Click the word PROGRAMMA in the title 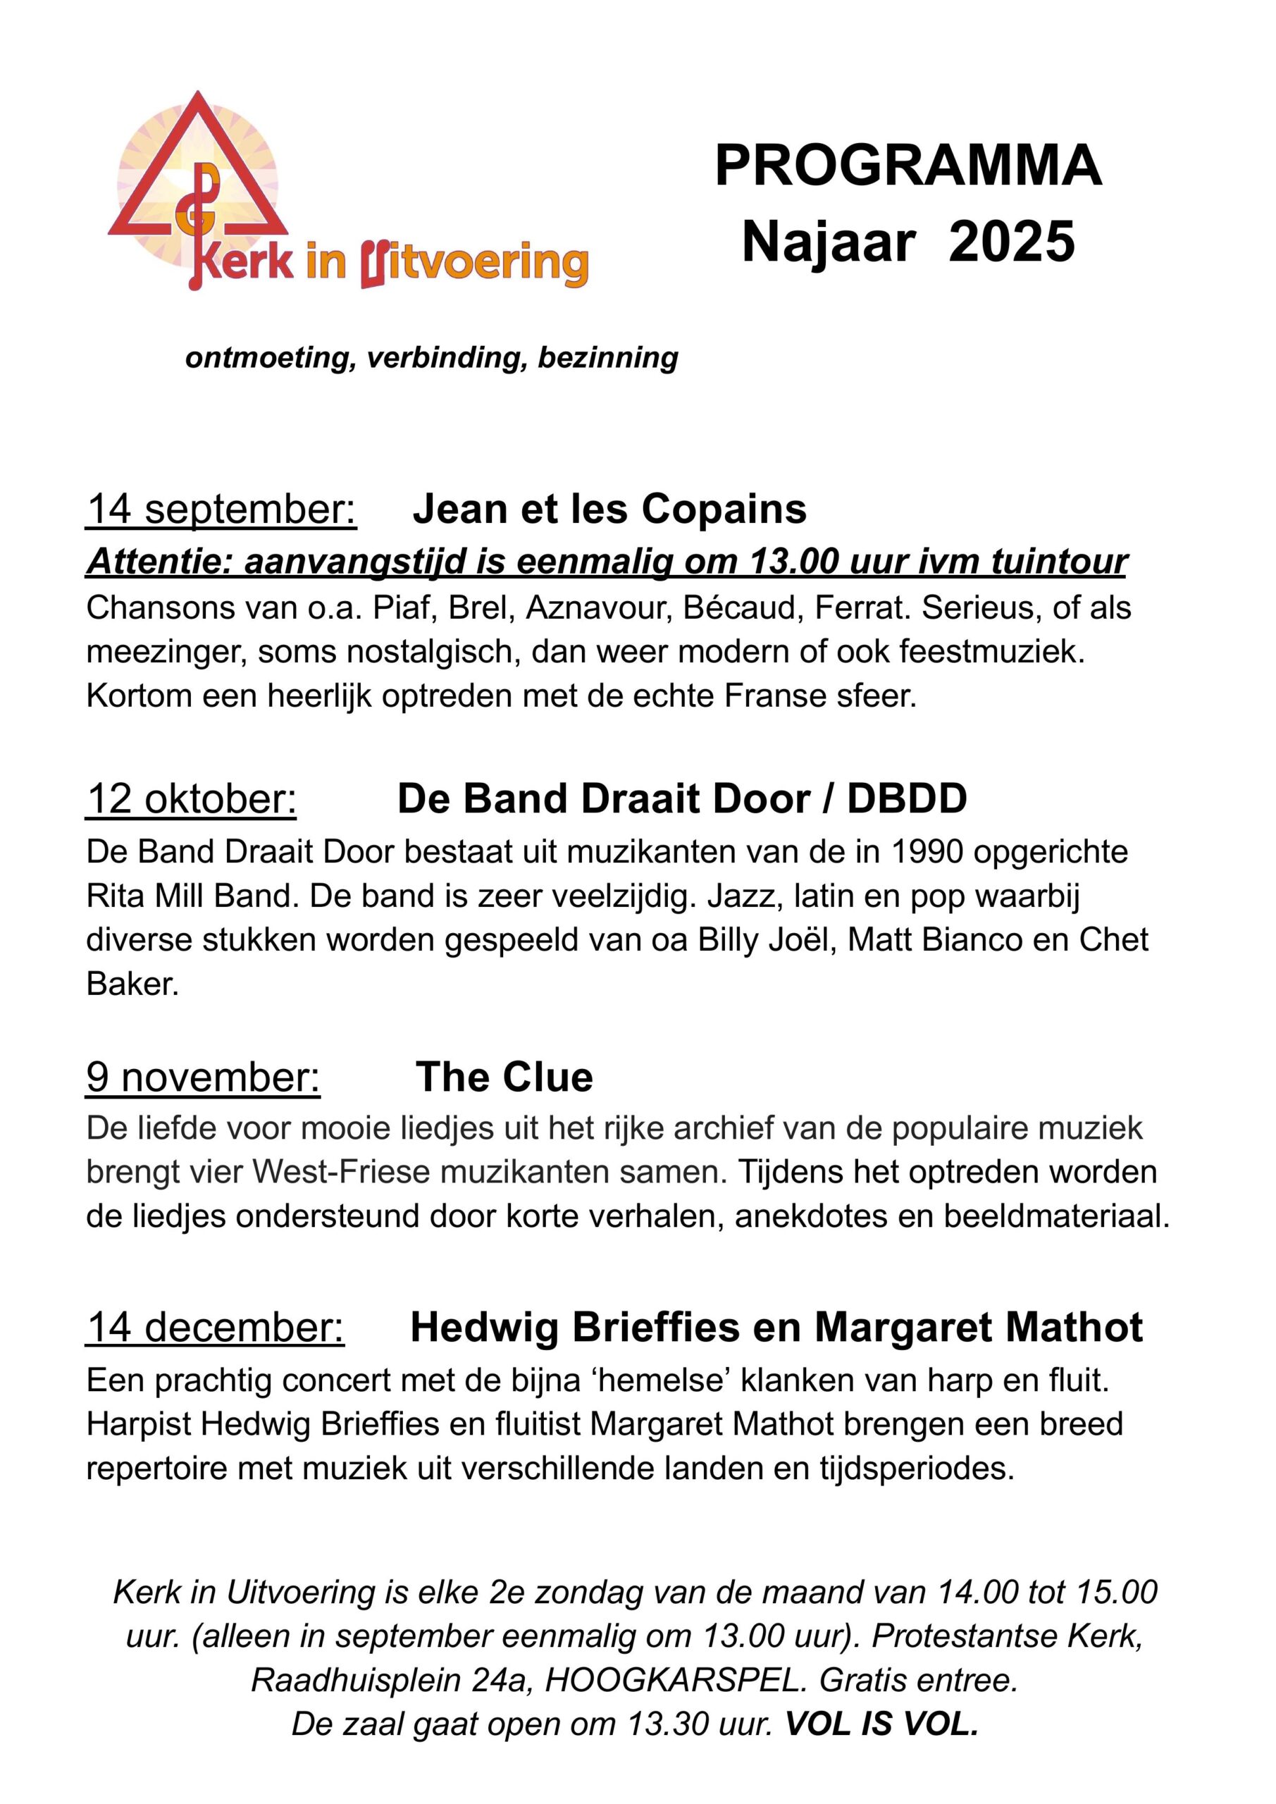(x=908, y=166)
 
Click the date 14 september (x=221, y=509)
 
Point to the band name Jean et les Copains (x=609, y=509)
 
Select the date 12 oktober (x=191, y=799)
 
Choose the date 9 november (x=204, y=1077)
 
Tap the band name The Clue (x=504, y=1077)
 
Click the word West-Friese (x=342, y=1173)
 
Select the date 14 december (x=216, y=1328)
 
